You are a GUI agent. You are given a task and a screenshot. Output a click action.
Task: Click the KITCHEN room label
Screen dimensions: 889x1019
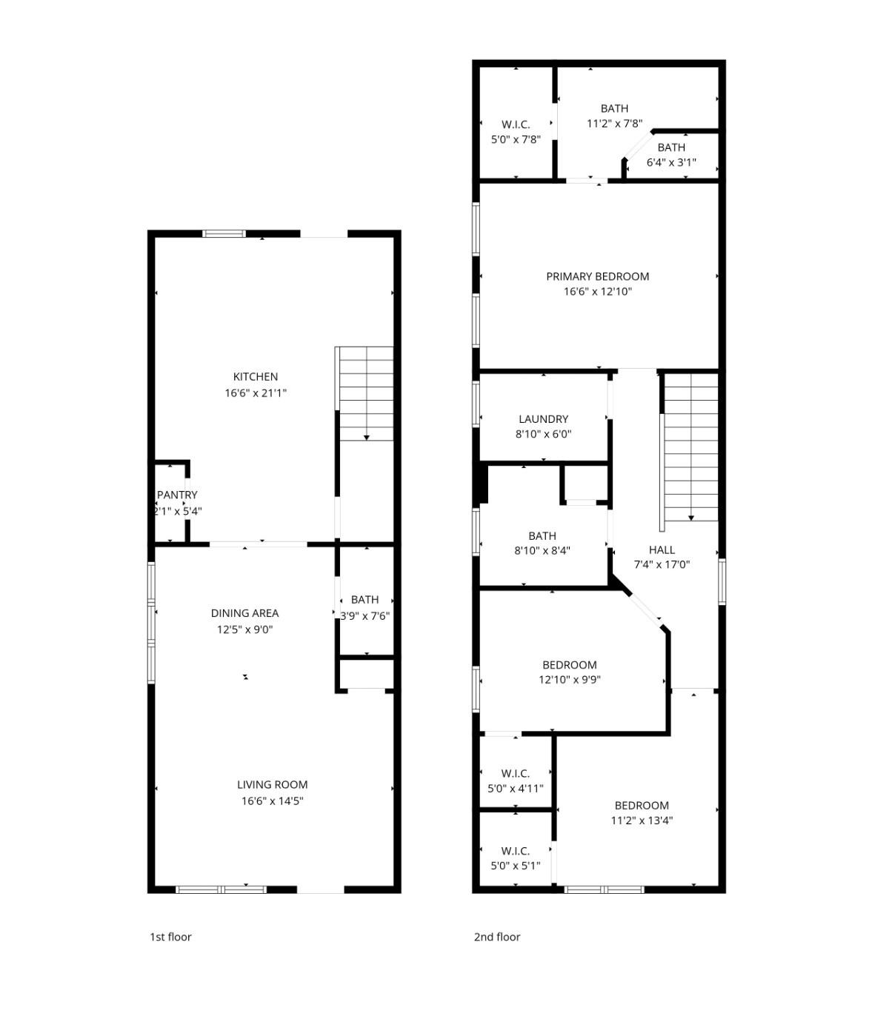[255, 377]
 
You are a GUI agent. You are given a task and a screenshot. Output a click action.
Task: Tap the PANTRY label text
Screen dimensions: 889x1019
[177, 495]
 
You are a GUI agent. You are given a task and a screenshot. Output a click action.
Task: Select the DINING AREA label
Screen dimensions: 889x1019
[244, 613]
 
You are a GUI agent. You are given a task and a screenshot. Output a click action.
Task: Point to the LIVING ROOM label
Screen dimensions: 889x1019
[272, 785]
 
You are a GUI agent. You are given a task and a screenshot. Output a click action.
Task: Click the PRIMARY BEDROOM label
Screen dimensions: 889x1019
[597, 276]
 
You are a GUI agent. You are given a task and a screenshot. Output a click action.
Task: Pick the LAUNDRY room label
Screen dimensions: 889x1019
[543, 419]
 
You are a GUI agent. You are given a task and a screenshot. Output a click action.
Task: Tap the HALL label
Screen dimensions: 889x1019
[662, 549]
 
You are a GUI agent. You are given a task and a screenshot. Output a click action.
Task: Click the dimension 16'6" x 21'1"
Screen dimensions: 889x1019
[255, 393]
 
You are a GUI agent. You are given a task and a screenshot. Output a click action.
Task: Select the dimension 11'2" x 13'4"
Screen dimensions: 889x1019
[642, 821]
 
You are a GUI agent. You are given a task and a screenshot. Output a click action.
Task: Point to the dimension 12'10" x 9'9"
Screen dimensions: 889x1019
[569, 679]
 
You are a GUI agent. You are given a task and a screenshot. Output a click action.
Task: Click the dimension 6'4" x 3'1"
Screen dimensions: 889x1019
[671, 162]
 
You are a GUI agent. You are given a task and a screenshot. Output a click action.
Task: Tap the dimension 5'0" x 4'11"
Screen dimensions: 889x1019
[515, 789]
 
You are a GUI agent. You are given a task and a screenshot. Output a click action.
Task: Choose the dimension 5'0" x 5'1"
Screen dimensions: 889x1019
[515, 866]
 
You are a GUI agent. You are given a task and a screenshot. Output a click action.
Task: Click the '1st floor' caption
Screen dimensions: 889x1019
[170, 937]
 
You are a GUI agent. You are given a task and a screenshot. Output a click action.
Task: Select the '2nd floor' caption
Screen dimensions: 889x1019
[496, 937]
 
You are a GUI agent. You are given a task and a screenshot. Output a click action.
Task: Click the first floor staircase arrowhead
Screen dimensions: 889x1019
[366, 438]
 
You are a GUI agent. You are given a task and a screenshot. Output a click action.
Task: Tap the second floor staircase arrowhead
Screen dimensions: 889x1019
[690, 518]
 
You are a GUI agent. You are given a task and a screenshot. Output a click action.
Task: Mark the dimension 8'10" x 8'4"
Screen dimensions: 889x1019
[542, 550]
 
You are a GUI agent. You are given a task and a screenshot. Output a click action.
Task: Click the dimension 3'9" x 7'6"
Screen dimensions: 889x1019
[364, 616]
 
